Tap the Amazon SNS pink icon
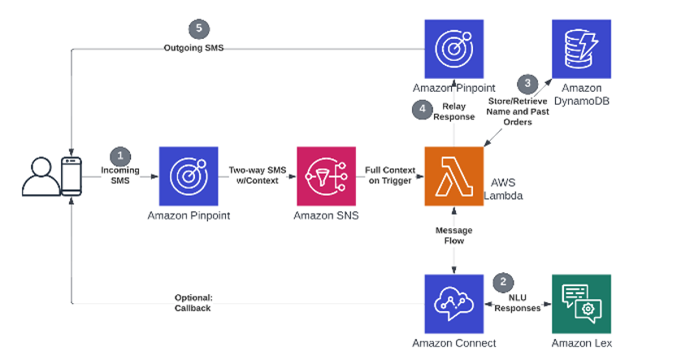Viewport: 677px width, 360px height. tap(326, 176)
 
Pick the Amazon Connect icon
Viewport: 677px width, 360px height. tap(454, 303)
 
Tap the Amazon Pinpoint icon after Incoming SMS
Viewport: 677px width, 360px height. tap(189, 176)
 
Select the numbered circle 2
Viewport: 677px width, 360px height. tap(505, 282)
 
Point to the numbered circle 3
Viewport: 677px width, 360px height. tap(528, 82)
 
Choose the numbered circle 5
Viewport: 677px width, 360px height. tap(197, 29)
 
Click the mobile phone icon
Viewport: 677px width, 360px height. tap(72, 176)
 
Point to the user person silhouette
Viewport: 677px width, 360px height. tap(40, 178)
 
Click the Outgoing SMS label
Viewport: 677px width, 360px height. tap(193, 48)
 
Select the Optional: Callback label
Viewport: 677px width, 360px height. tap(193, 302)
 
